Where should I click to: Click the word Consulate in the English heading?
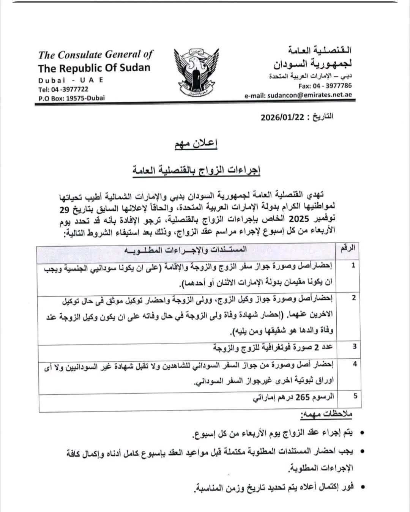[x=79, y=55]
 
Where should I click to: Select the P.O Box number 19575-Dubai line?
[x=71, y=98]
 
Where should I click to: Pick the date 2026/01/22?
[x=282, y=117]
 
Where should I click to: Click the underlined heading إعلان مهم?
[x=196, y=144]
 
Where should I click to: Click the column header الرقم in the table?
[x=348, y=249]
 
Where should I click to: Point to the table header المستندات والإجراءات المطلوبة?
[x=186, y=250]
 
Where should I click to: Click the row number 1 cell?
[x=353, y=265]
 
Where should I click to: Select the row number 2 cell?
[x=353, y=298]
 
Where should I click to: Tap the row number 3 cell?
[x=355, y=346]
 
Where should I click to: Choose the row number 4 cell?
[x=355, y=364]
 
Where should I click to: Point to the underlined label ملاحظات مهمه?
[x=326, y=414]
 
